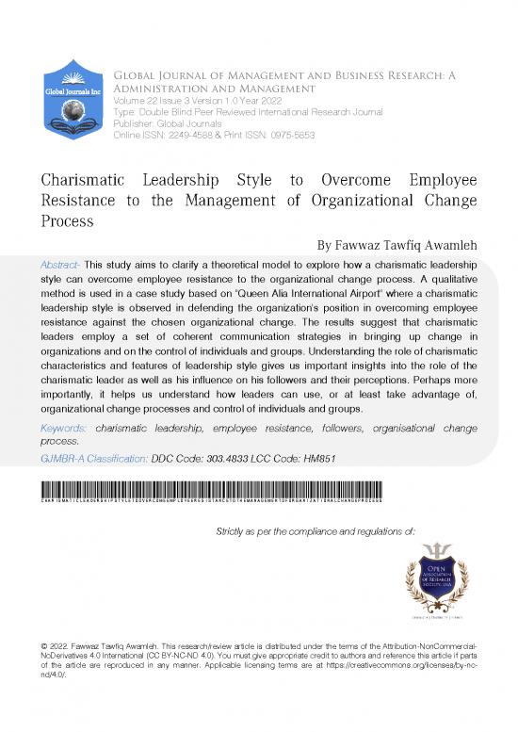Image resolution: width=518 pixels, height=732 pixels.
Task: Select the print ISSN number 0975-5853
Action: point(288,134)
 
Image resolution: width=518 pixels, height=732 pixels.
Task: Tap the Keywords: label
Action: point(68,427)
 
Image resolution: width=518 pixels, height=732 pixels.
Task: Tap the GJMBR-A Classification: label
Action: point(93,458)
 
